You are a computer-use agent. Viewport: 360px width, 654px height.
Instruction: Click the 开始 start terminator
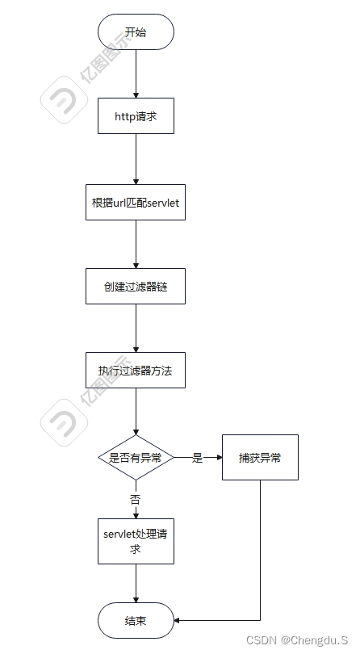tap(135, 32)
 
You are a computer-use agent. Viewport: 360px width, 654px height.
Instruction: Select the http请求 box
tap(135, 116)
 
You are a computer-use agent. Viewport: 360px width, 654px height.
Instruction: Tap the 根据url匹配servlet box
tap(135, 202)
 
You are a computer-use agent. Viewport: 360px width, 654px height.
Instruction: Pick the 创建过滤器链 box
tap(135, 287)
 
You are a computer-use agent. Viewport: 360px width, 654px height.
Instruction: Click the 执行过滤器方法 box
tap(135, 371)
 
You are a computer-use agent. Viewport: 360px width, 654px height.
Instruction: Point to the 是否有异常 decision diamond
tap(135, 457)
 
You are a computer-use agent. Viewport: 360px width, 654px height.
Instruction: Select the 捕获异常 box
tap(259, 457)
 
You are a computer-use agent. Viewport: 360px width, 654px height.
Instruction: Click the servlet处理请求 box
tap(135, 541)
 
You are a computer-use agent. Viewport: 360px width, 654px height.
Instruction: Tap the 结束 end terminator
tap(135, 620)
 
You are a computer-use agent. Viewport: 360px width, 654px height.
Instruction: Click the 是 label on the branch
tap(197, 458)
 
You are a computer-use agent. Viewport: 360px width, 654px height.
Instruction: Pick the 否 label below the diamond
tap(135, 500)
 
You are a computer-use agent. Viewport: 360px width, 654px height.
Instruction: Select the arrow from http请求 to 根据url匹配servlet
tap(135, 158)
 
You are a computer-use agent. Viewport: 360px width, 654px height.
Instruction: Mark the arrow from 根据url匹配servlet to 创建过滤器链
tap(135, 244)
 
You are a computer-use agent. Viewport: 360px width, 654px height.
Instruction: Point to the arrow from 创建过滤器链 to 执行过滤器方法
tap(135, 329)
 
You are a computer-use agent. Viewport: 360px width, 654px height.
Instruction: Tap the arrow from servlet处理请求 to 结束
tap(135, 583)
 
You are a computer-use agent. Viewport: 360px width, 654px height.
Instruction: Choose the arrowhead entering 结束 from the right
tap(178, 620)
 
